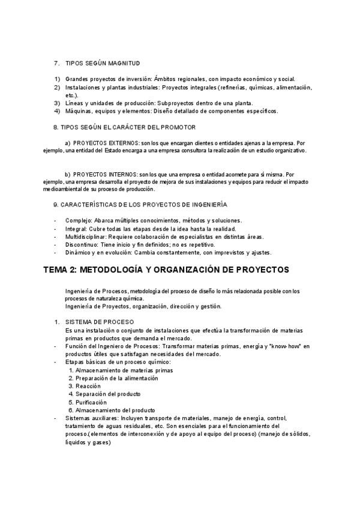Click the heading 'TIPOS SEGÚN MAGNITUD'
point(103,63)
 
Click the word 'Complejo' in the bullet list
point(77,220)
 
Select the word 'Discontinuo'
point(82,244)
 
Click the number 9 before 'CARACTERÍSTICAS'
point(55,205)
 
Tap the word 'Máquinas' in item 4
point(78,110)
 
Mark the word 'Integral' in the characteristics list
point(76,229)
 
